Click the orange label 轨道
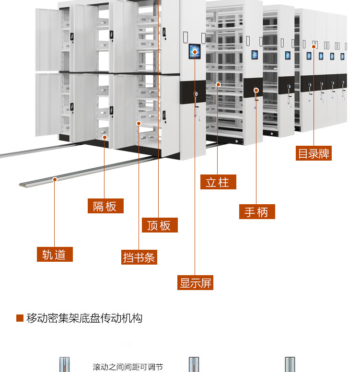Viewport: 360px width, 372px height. [55, 254]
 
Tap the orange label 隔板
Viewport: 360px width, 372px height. [105, 206]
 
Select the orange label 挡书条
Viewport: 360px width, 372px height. [139, 257]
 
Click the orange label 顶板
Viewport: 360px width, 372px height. [159, 225]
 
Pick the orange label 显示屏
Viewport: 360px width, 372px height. [196, 283]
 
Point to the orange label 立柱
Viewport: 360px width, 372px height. [218, 182]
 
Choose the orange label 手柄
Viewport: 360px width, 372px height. [257, 211]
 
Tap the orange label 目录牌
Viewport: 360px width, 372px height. [314, 153]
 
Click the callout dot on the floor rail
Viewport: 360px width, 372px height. [55, 179]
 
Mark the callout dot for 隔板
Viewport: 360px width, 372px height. [105, 138]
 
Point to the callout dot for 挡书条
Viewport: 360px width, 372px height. [139, 123]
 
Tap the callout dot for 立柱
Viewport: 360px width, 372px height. [218, 84]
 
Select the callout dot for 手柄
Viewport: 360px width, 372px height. [256, 90]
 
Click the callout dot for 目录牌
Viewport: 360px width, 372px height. [314, 46]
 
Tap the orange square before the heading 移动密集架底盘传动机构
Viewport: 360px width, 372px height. [20, 318]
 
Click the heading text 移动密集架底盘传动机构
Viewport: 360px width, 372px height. [84, 318]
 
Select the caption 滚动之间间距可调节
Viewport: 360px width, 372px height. [128, 367]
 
